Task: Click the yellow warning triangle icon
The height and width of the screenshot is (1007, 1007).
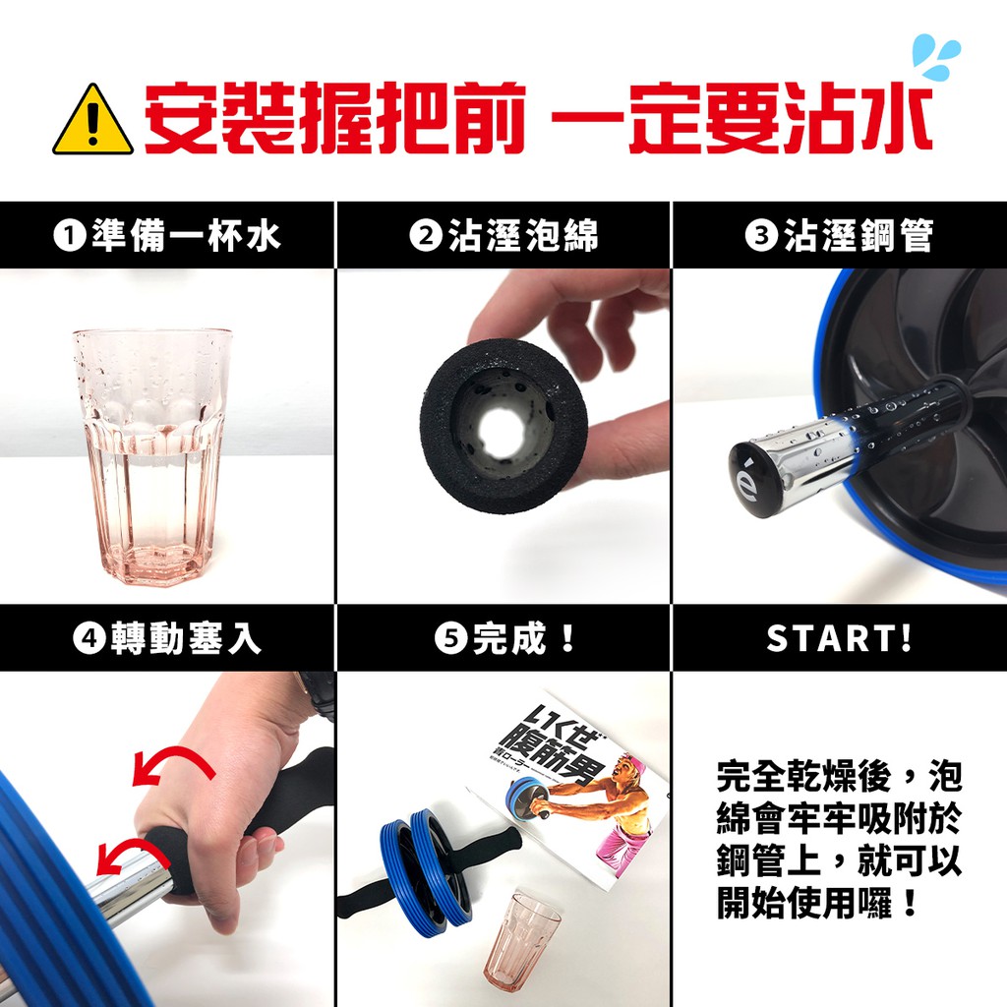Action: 93,120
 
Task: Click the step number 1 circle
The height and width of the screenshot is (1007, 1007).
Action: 70,236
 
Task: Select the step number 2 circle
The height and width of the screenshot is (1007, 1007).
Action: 425,236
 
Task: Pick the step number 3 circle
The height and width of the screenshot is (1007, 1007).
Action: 761,236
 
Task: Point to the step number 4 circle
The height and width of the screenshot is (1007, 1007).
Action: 89,638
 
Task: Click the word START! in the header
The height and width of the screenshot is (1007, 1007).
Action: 840,638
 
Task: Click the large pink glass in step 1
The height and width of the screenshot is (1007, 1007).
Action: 152,456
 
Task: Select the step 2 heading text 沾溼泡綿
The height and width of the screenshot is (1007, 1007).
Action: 523,236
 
